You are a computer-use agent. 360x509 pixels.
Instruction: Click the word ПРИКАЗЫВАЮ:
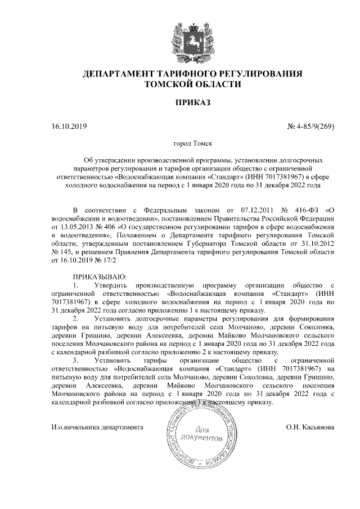pyautogui.click(x=100, y=278)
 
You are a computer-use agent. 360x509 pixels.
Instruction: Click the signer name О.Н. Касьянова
pyautogui.click(x=310, y=427)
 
